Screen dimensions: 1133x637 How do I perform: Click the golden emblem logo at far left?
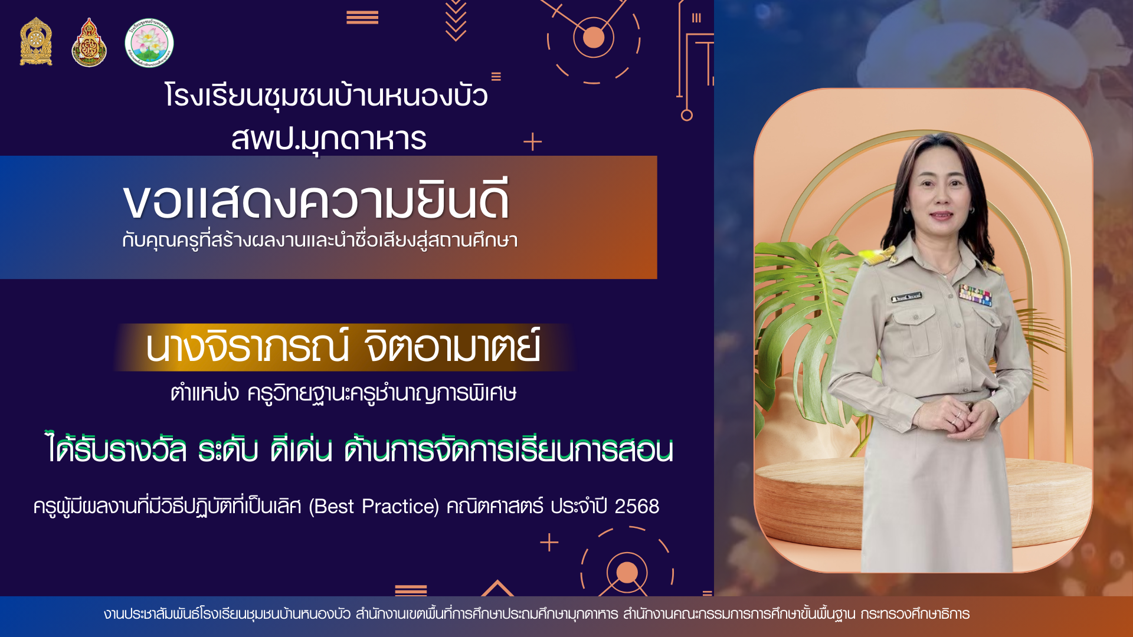coord(36,41)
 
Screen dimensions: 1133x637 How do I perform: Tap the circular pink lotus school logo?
coord(149,42)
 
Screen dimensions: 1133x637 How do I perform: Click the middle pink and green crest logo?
coord(89,42)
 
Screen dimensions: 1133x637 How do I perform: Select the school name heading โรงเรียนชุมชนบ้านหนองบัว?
coord(326,96)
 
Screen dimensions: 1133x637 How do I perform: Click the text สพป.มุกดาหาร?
coord(329,139)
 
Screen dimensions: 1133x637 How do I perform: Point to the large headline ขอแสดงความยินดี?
coord(316,201)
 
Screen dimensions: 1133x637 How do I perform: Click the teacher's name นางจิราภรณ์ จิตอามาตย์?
coord(343,347)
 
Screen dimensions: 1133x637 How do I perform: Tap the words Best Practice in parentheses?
coord(374,506)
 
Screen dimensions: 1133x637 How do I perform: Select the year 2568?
coord(637,506)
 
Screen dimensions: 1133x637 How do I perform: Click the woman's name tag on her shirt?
coord(906,297)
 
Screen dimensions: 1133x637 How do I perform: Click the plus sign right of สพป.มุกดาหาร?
coord(532,142)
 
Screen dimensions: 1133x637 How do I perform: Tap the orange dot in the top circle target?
coord(594,38)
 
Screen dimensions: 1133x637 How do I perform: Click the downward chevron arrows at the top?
coord(456,21)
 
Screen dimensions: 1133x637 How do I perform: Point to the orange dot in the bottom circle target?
coord(627,572)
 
